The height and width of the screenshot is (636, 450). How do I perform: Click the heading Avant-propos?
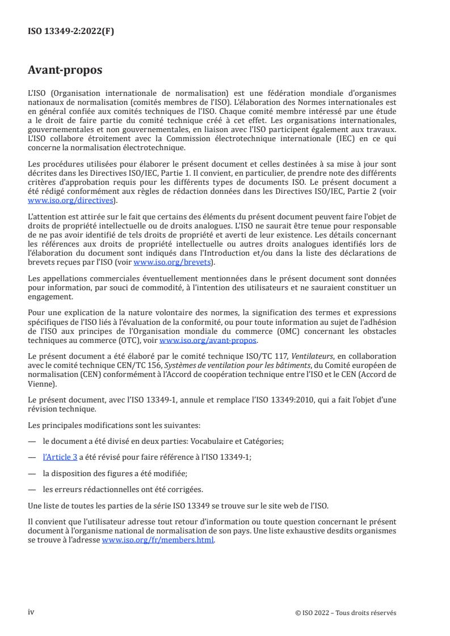[65, 70]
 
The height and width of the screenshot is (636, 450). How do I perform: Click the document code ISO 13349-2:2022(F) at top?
[71, 31]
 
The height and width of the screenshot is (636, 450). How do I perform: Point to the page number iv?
[31, 612]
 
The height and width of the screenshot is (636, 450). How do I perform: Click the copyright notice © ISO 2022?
[346, 613]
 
